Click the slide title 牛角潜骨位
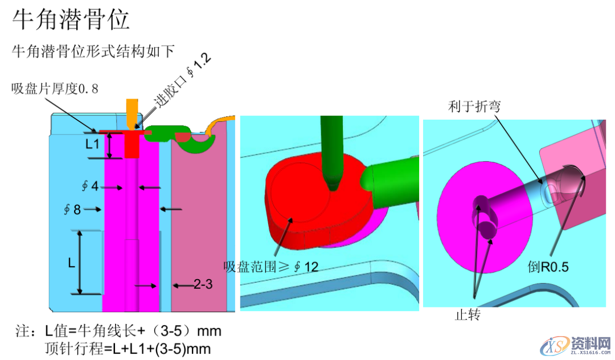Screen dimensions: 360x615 71,19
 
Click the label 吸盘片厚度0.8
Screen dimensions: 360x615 55,88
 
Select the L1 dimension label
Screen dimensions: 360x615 93,145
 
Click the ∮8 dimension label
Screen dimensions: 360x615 72,209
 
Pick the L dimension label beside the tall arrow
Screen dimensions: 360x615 72,263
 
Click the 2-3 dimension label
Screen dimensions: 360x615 203,284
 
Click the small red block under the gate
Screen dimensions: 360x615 132,147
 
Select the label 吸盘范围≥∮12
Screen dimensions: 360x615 270,266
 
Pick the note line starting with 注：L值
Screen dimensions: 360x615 118,330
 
